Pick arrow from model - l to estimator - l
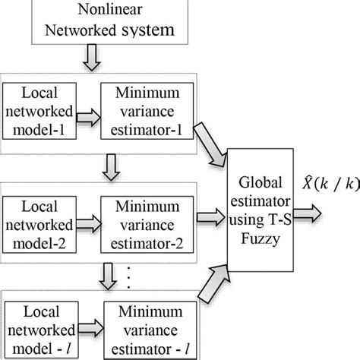click(x=90, y=325)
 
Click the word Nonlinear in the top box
click(x=104, y=11)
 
